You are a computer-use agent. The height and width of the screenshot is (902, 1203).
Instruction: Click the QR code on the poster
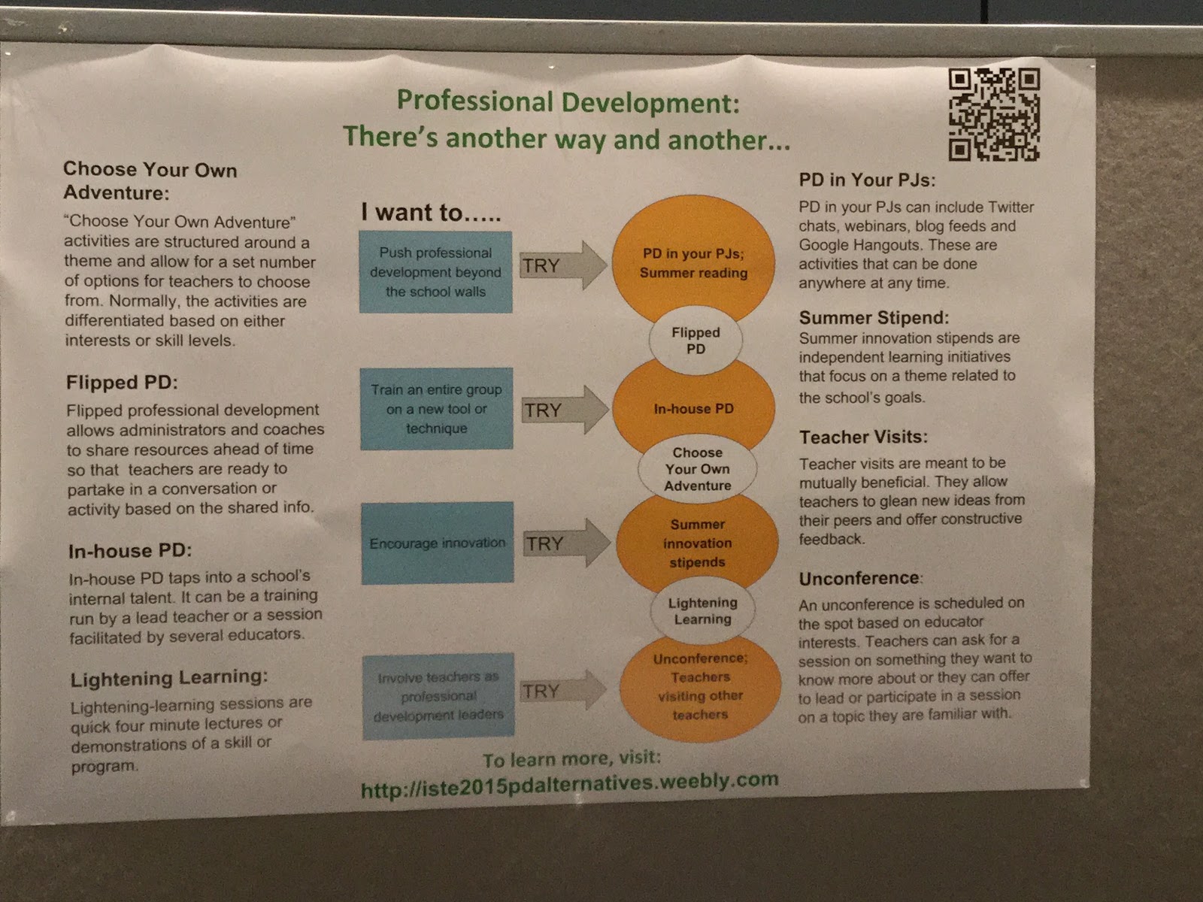[x=994, y=115]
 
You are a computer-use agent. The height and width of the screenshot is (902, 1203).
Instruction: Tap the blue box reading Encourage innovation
[x=438, y=543]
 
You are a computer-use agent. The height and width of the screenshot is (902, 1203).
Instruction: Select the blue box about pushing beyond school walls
[x=436, y=272]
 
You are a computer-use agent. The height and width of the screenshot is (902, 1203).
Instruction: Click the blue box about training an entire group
[x=437, y=409]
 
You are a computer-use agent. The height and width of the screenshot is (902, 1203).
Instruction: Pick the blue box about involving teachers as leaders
[x=438, y=696]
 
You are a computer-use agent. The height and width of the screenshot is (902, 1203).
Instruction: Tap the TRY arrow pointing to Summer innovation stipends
[x=566, y=543]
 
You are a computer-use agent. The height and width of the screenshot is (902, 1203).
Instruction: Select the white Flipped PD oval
[x=695, y=341]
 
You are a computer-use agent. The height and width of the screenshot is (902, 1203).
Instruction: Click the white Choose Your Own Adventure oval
[x=697, y=469]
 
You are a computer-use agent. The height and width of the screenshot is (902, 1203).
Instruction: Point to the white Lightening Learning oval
[x=702, y=610]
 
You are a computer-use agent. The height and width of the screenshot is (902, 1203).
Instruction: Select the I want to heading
[x=430, y=212]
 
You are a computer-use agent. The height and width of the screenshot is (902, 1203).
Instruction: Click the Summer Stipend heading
[x=874, y=317]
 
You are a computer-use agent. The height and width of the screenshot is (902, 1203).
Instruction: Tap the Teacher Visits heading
[x=863, y=437]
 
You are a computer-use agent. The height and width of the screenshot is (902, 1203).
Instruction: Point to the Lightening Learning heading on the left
[x=168, y=679]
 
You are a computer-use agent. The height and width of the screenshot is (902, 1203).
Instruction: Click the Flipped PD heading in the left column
[x=122, y=383]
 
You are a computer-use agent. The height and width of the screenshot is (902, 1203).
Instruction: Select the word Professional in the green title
[x=474, y=101]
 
